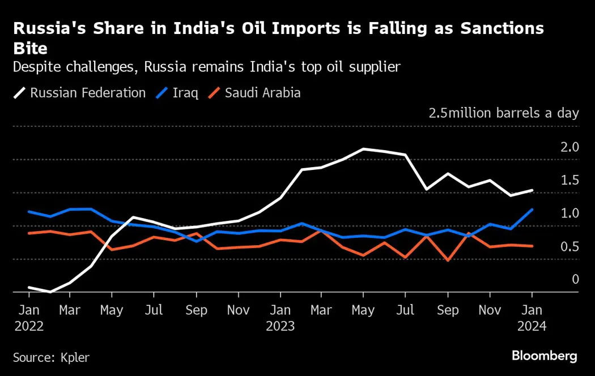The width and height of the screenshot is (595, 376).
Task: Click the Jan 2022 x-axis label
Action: tap(28, 318)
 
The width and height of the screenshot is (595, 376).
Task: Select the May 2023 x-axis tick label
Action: tap(363, 310)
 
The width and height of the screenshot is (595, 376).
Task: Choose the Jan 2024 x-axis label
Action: tap(532, 318)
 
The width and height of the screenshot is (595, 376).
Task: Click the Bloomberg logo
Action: tap(544, 356)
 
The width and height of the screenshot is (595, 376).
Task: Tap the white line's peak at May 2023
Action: tap(363, 149)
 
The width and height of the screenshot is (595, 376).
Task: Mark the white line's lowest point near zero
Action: tap(50, 292)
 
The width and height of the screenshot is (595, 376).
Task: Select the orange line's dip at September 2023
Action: tap(448, 260)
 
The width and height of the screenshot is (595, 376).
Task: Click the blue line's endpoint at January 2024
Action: tap(532, 209)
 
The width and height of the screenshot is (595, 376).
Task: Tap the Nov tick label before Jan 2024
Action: tap(489, 310)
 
